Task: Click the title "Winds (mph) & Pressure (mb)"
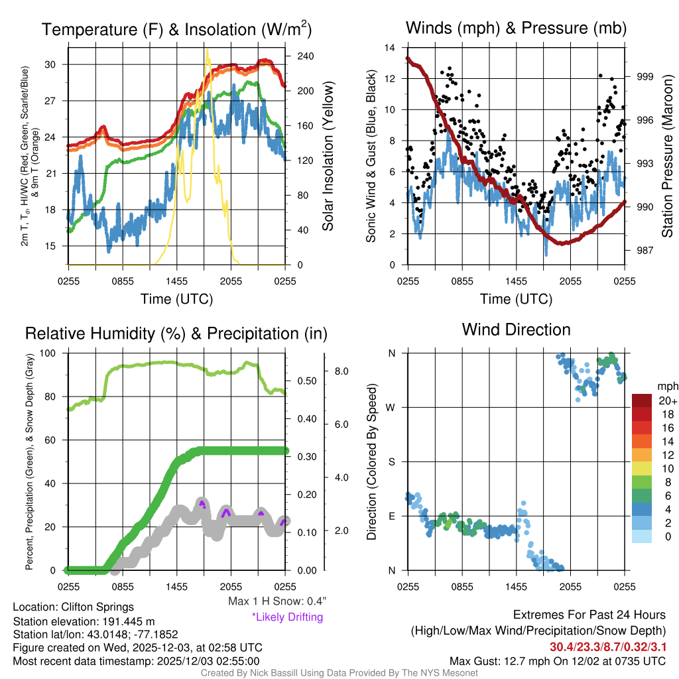516,29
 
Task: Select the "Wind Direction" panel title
516,330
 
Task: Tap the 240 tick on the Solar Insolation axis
305,56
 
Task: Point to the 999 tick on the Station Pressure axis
645,77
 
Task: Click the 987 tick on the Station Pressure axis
645,251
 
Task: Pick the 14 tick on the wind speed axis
390,48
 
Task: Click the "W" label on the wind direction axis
392,407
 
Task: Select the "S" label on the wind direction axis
392,462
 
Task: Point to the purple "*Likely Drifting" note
287,617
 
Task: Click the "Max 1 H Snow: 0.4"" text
277,601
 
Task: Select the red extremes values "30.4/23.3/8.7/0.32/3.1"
607,647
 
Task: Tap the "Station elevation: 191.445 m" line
84,621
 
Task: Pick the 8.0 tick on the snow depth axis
343,371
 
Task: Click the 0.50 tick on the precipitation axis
306,381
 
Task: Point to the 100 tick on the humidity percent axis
55,353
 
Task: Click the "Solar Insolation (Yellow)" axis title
328,156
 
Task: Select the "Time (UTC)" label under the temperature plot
176,299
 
